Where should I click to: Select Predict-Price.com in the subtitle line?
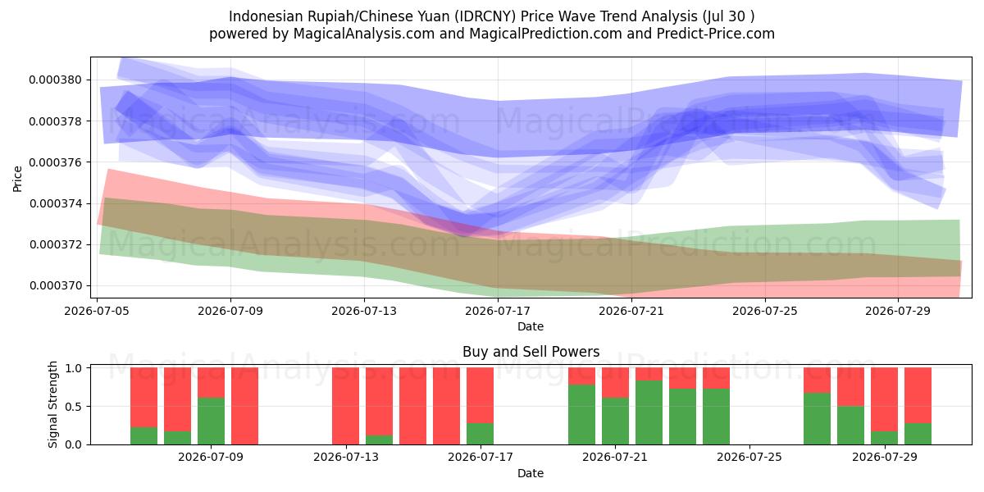click(x=716, y=34)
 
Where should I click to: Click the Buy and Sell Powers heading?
click(x=531, y=352)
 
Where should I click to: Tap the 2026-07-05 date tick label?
click(x=97, y=311)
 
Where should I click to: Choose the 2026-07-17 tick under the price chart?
click(x=498, y=311)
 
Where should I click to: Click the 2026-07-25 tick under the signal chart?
click(x=749, y=457)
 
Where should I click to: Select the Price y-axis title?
click(x=17, y=179)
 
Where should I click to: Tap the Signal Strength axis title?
click(x=52, y=404)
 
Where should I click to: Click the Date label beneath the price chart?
click(x=531, y=326)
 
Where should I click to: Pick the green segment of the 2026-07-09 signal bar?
click(x=212, y=421)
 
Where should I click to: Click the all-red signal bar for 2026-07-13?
click(x=346, y=406)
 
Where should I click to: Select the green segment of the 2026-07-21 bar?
click(x=616, y=421)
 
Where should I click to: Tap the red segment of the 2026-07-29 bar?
click(x=884, y=399)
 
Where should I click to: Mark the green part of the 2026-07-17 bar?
click(x=481, y=434)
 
